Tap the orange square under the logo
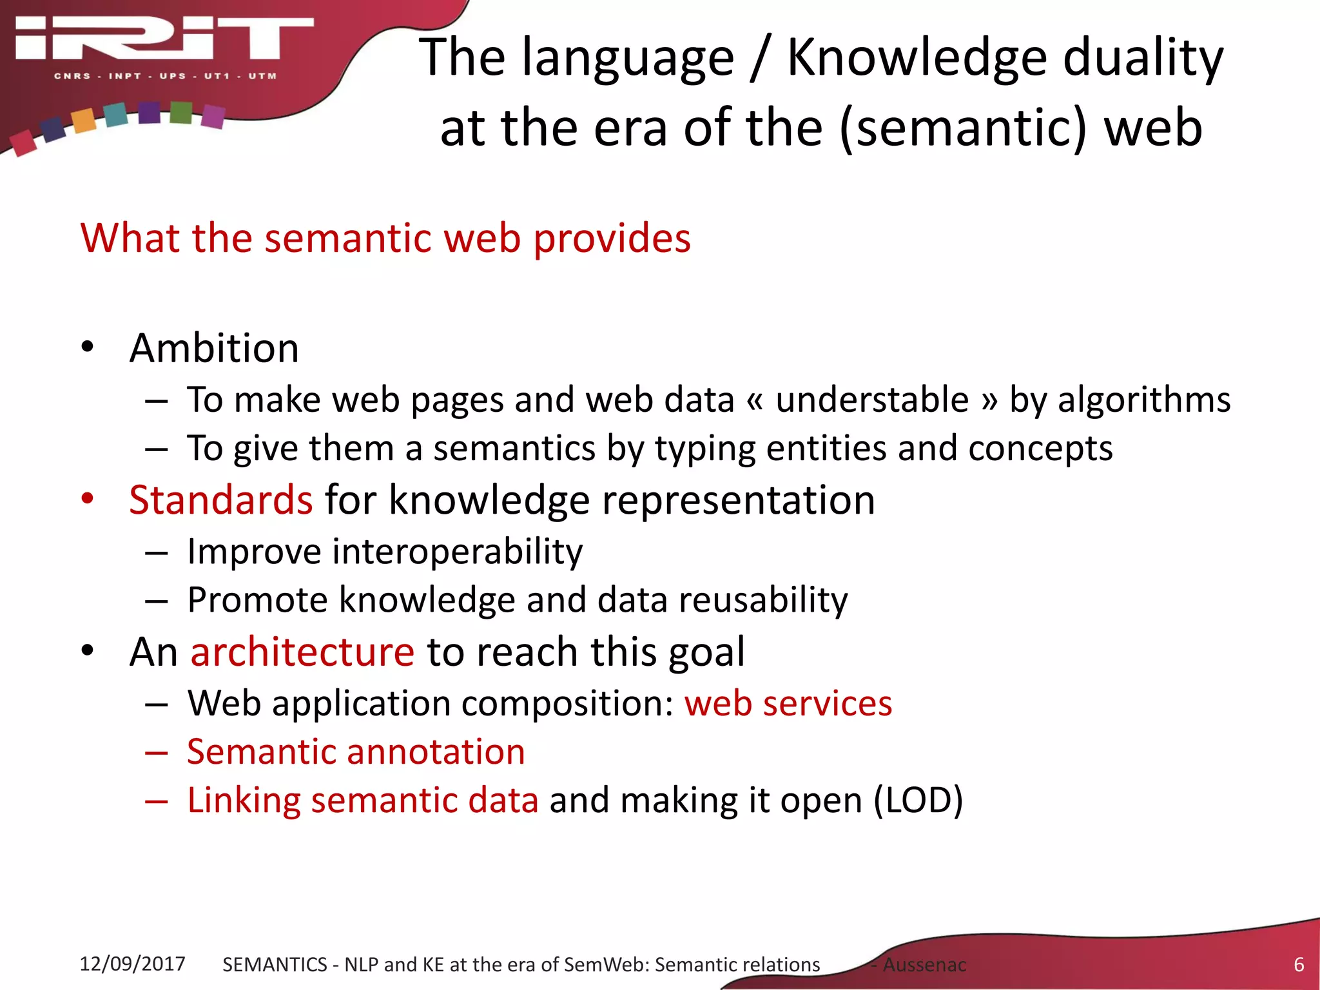[x=84, y=121]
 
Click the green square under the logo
[x=181, y=112]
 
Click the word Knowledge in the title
[x=917, y=58]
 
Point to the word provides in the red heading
[x=612, y=238]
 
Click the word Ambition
[x=214, y=349]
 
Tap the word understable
[x=872, y=400]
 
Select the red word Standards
[x=220, y=500]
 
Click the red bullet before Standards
[x=88, y=498]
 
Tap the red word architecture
[x=302, y=652]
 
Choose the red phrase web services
[x=788, y=703]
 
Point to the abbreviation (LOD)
[x=918, y=801]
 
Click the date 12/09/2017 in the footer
[x=132, y=964]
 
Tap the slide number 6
[x=1299, y=964]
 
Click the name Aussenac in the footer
[x=924, y=965]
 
